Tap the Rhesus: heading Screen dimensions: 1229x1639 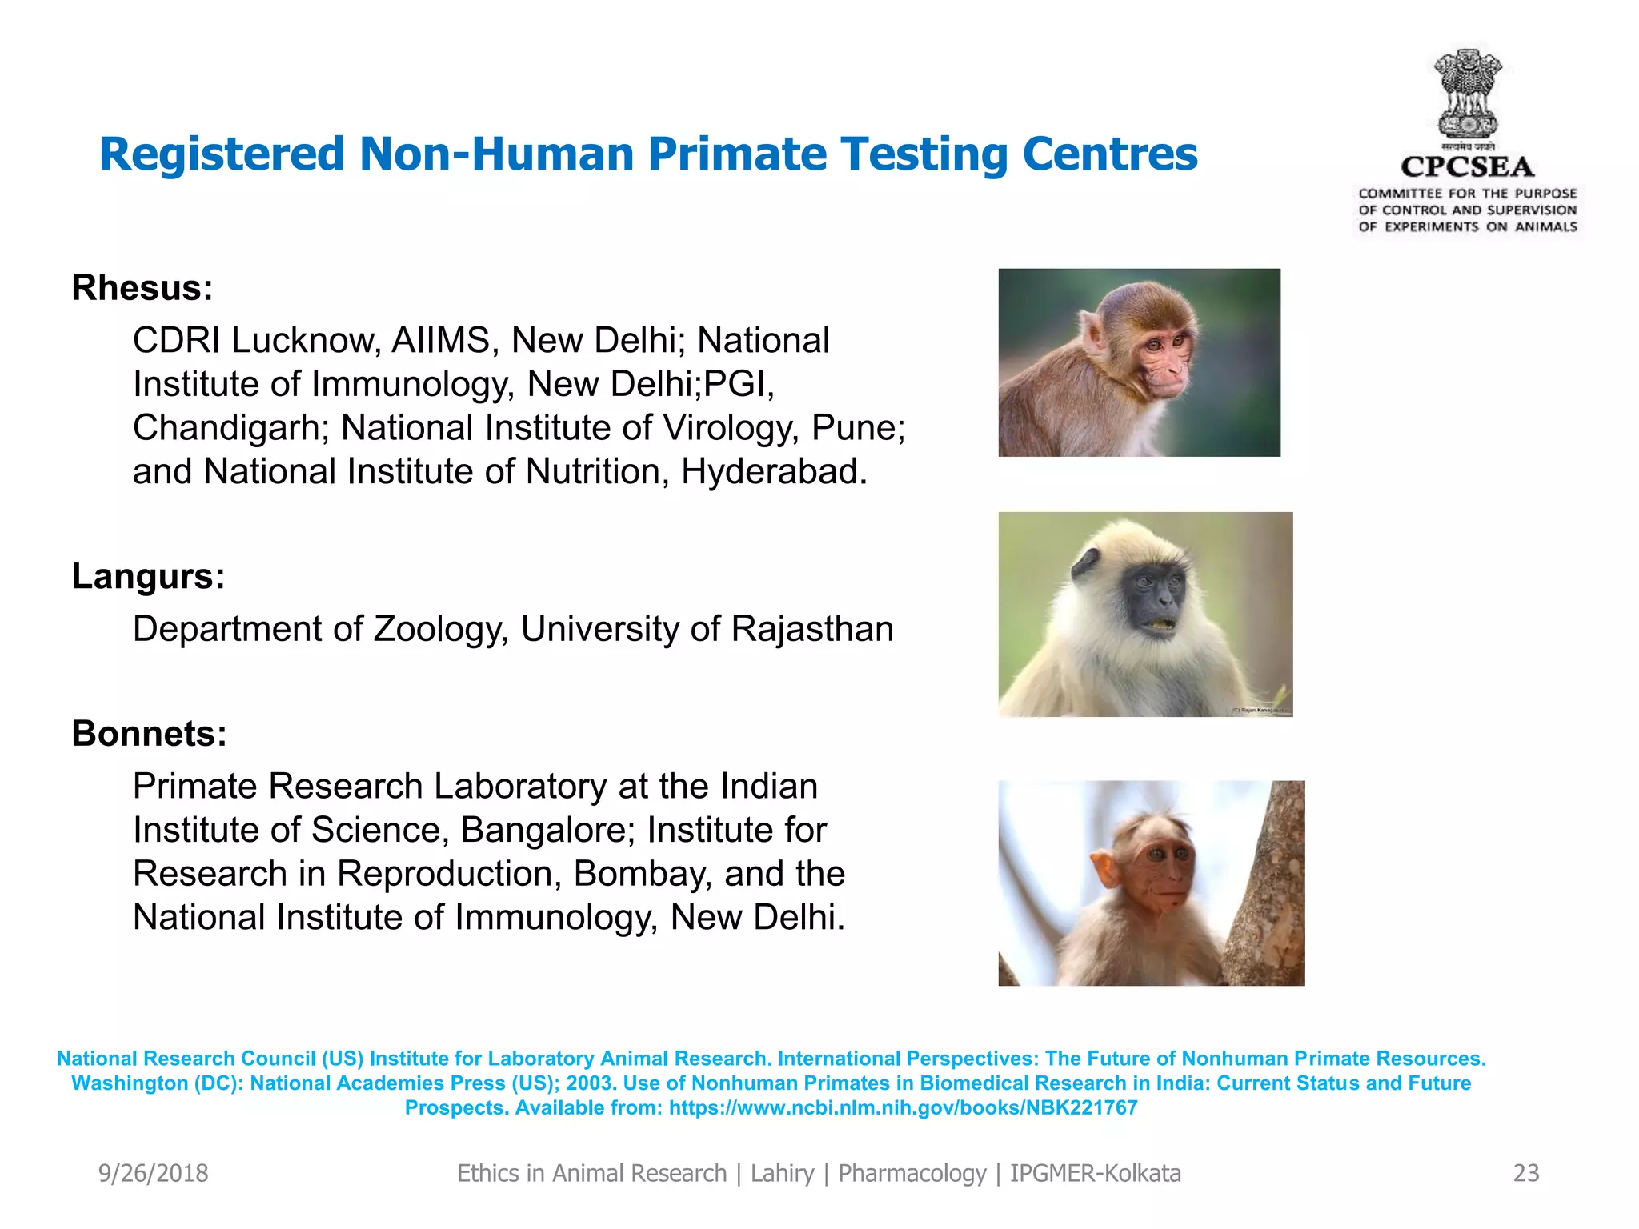(142, 288)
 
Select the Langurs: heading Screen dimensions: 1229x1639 (148, 576)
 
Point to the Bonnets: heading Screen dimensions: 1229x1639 (150, 734)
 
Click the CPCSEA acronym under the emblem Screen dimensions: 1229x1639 (1467, 167)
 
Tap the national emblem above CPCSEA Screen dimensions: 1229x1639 (1468, 94)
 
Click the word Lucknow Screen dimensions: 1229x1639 (304, 341)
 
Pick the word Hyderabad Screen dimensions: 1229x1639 (773, 472)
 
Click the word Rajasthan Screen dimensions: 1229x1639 (811, 629)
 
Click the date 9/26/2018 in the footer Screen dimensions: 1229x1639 (153, 1173)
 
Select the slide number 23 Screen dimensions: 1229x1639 (1526, 1173)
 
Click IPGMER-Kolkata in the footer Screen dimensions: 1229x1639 (1095, 1173)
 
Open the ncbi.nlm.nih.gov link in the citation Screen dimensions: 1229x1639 (903, 1108)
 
